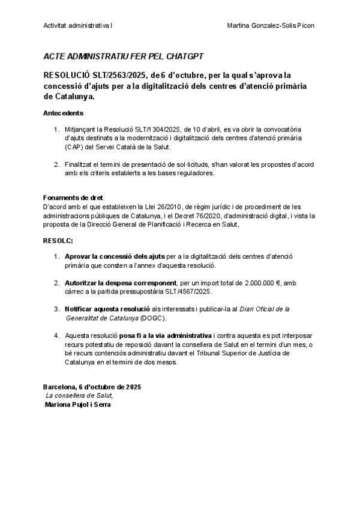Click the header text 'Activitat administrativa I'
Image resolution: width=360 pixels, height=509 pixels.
[x=79, y=26]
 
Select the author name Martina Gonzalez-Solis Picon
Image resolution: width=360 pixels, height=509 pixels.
[x=272, y=26]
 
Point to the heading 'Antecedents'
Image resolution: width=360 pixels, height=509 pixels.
[x=64, y=113]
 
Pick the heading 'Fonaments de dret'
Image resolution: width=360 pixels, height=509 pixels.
[x=73, y=197]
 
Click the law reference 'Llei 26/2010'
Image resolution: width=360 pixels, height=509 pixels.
[x=173, y=206]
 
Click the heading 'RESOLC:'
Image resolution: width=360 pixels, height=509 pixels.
[x=58, y=240]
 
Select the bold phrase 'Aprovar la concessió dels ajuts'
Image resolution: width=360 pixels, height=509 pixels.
[x=115, y=256]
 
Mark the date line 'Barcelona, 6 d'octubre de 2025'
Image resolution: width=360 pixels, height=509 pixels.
[x=93, y=387]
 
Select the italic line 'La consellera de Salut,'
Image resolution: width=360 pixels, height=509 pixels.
[x=79, y=396]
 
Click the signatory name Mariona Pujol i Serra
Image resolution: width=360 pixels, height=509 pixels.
[x=79, y=405]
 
